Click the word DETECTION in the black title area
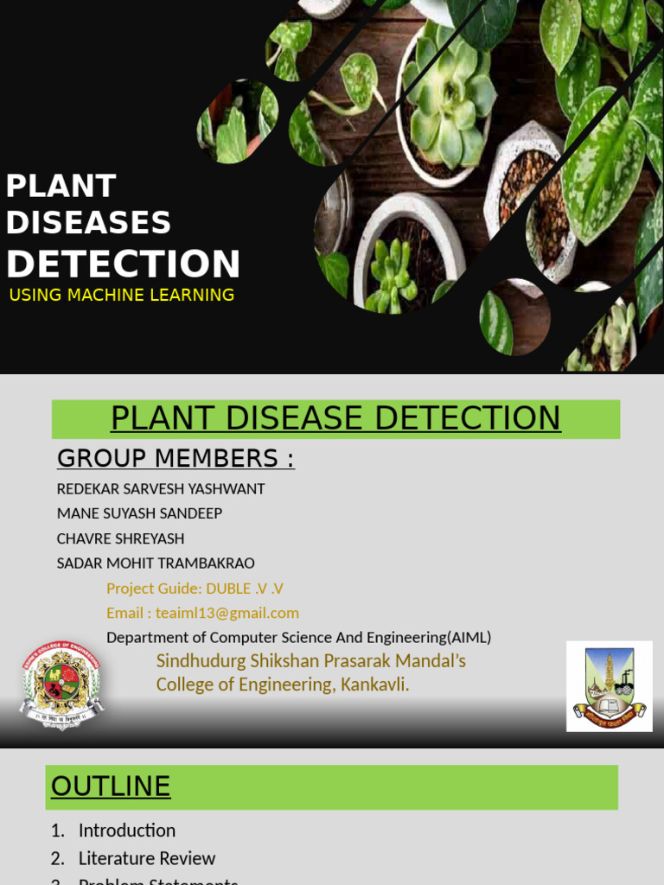tap(124, 264)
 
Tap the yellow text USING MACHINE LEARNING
tap(121, 296)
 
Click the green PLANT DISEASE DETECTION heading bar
tap(335, 419)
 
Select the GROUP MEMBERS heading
tap(176, 458)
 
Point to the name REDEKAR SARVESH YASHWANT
tap(161, 489)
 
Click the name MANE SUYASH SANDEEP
tap(139, 513)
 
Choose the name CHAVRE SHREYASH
tap(120, 538)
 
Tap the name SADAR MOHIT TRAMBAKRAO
tap(156, 563)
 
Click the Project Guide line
tap(195, 589)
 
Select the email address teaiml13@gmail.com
tap(227, 613)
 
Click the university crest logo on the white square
tap(609, 686)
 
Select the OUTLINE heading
tap(111, 786)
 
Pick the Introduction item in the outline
tap(126, 831)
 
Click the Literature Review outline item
tap(146, 858)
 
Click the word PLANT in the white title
tap(61, 186)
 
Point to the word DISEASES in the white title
tap(88, 223)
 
